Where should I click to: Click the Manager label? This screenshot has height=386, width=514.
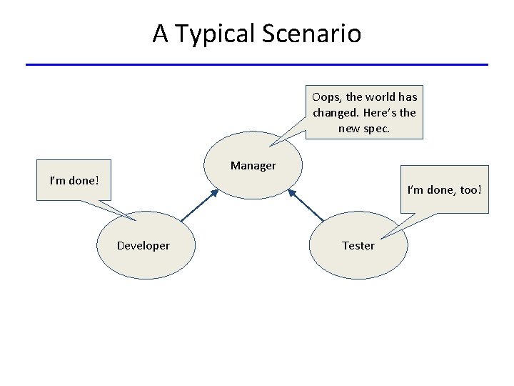[253, 166]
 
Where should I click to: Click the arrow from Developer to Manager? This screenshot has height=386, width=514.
[198, 205]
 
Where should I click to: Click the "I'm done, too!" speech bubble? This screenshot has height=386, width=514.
[444, 190]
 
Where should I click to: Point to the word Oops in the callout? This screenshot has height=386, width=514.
[326, 96]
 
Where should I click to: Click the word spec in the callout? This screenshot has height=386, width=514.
[376, 128]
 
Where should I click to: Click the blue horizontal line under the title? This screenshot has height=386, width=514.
[257, 64]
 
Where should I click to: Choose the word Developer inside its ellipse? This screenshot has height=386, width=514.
[143, 246]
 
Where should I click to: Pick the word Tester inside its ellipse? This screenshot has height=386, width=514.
[358, 246]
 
